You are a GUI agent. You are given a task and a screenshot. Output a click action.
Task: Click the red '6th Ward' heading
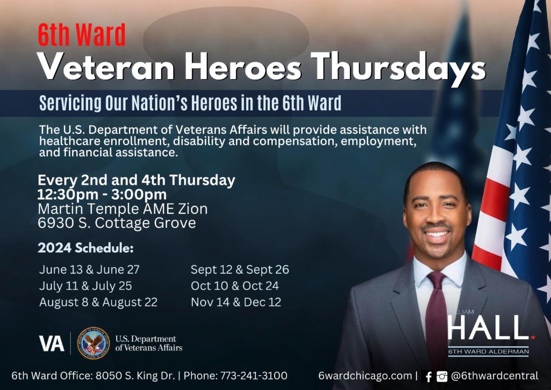pyautogui.click(x=82, y=34)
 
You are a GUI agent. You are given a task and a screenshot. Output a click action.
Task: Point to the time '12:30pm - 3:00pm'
pyautogui.click(x=102, y=195)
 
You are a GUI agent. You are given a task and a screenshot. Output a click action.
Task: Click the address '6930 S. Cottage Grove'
pyautogui.click(x=117, y=223)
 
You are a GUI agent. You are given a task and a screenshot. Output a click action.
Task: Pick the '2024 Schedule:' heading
pyautogui.click(x=85, y=248)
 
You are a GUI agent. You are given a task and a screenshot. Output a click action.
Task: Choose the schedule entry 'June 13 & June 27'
pyautogui.click(x=89, y=270)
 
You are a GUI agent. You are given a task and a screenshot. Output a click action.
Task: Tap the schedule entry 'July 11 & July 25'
pyautogui.click(x=85, y=286)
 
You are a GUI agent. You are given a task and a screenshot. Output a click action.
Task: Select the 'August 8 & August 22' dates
pyautogui.click(x=98, y=303)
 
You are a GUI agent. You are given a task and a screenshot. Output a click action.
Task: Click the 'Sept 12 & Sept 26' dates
pyautogui.click(x=240, y=270)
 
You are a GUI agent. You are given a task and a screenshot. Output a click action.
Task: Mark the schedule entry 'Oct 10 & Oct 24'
pyautogui.click(x=235, y=286)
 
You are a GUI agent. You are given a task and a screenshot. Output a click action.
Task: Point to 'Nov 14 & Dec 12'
pyautogui.click(x=236, y=302)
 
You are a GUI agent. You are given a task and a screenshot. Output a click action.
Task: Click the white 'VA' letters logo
pyautogui.click(x=51, y=344)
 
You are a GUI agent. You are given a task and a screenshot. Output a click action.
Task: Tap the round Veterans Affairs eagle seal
pyautogui.click(x=93, y=343)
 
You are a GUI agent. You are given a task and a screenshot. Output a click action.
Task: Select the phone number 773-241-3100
pyautogui.click(x=253, y=376)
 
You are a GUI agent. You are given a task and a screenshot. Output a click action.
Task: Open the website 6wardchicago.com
pyautogui.click(x=365, y=376)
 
